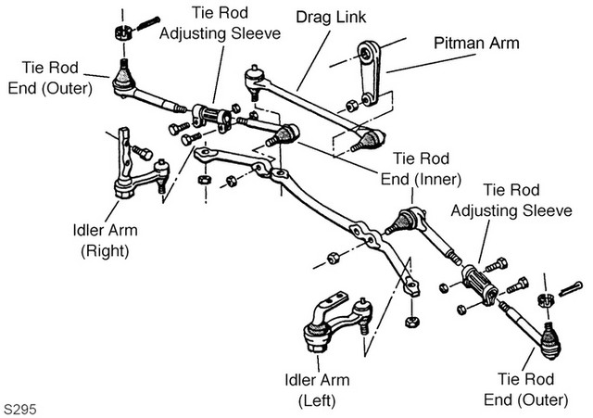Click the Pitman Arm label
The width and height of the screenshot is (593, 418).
tap(476, 44)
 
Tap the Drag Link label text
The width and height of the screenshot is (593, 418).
tap(331, 17)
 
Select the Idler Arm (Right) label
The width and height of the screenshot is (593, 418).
tap(105, 241)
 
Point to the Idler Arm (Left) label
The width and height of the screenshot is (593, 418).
tap(317, 390)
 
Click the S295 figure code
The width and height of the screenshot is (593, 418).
tap(20, 410)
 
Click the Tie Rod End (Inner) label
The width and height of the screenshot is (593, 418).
tap(421, 169)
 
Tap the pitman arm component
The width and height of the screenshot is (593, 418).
tap(369, 73)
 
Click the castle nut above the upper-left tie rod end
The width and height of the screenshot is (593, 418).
tap(123, 32)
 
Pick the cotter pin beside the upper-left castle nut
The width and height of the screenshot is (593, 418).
tap(148, 23)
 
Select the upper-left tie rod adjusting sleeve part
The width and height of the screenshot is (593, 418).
tap(212, 117)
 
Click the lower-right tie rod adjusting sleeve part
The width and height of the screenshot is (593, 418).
tap(480, 285)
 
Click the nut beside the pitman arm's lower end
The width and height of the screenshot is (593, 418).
tap(351, 107)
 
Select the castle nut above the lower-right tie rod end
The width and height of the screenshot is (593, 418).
tap(546, 300)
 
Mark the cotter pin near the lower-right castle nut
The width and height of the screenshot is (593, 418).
tap(570, 289)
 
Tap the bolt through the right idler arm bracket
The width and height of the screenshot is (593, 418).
tap(143, 153)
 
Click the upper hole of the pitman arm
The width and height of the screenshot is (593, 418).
tap(365, 54)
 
